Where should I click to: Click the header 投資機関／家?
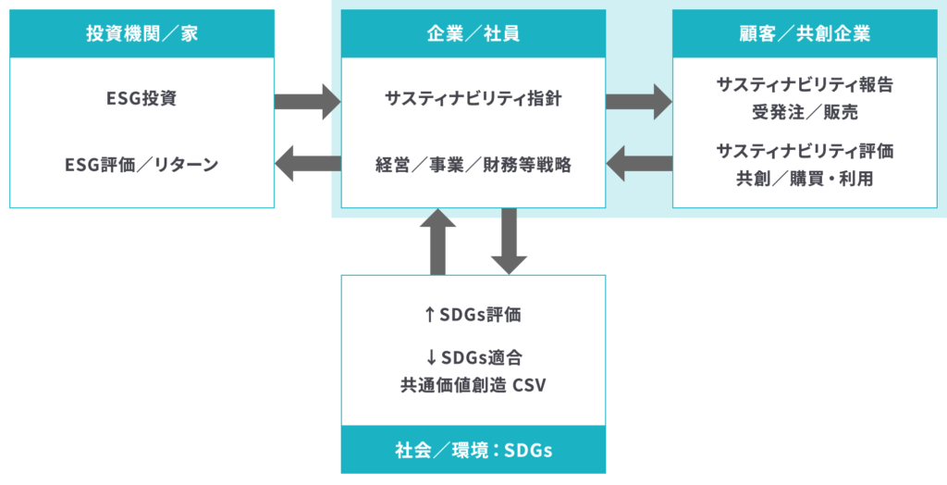pyautogui.click(x=141, y=34)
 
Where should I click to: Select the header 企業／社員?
pyautogui.click(x=473, y=34)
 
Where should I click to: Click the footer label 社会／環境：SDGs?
pyautogui.click(x=473, y=451)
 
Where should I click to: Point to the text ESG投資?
pyautogui.click(x=141, y=99)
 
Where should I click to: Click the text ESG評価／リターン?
pyautogui.click(x=141, y=165)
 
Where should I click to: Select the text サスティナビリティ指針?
pyautogui.click(x=473, y=99)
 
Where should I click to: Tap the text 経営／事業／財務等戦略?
pyautogui.click(x=473, y=165)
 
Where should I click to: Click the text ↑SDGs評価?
pyautogui.click(x=473, y=315)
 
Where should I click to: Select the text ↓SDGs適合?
pyautogui.click(x=473, y=357)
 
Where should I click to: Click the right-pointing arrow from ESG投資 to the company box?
pyautogui.click(x=308, y=101)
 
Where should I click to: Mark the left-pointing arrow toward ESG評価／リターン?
pyautogui.click(x=308, y=164)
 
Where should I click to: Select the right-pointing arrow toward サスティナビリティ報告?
pyautogui.click(x=639, y=101)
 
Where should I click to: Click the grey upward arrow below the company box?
pyautogui.click(x=438, y=242)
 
